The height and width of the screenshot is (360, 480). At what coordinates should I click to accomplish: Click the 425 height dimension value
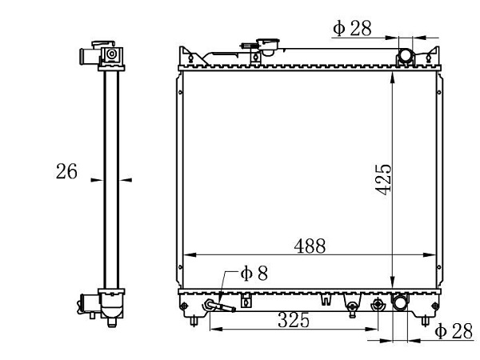click(x=383, y=179)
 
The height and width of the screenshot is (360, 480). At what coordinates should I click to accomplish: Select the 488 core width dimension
click(x=310, y=246)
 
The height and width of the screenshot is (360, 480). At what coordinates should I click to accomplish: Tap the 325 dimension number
click(x=294, y=320)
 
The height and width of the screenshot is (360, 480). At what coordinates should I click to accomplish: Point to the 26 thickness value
click(x=66, y=171)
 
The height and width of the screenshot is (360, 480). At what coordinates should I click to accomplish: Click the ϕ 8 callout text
click(x=254, y=273)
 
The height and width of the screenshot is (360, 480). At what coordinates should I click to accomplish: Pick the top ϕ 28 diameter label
click(x=352, y=29)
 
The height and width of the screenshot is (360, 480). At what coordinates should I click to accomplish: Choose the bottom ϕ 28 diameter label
click(x=454, y=331)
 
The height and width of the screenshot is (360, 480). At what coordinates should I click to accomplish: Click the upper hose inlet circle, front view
click(x=406, y=57)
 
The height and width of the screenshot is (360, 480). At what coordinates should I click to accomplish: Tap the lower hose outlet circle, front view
click(x=401, y=302)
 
